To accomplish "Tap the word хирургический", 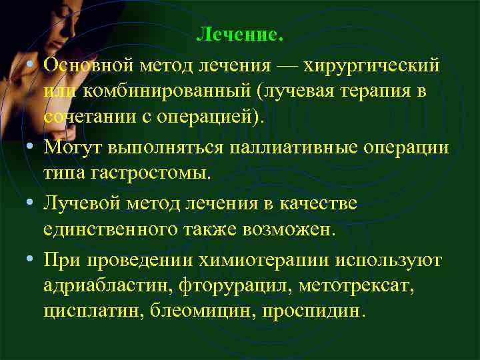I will click(372, 66).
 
